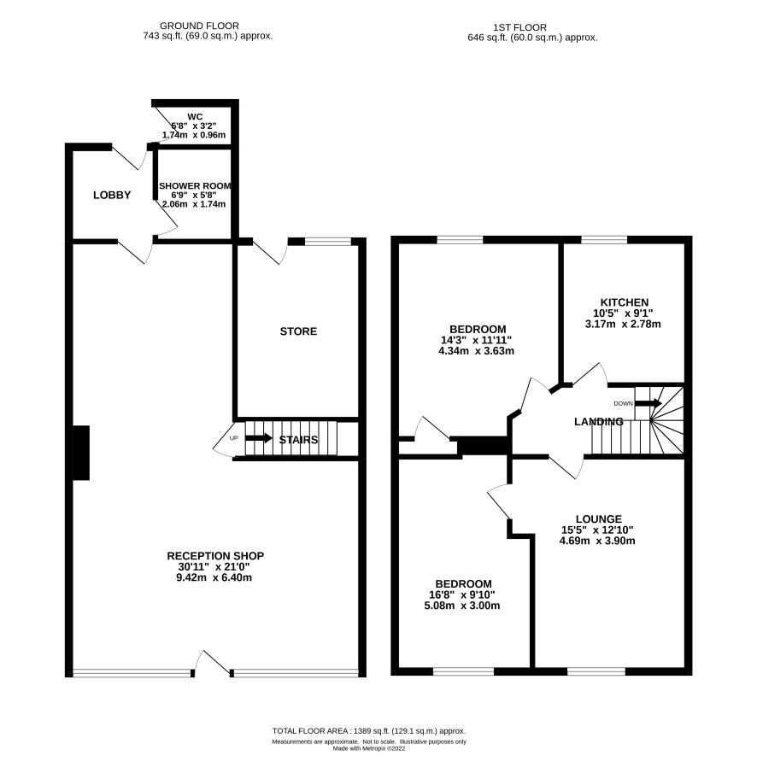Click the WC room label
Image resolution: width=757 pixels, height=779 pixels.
(x=195, y=117)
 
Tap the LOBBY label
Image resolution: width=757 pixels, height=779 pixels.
(x=112, y=196)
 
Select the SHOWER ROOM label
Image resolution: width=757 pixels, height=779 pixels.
(x=195, y=186)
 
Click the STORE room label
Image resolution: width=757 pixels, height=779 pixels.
(x=298, y=331)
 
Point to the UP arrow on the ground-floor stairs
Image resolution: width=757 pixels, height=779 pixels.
(x=259, y=438)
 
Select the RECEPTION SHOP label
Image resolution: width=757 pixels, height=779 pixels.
(x=215, y=556)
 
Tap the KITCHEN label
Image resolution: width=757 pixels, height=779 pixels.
(x=625, y=302)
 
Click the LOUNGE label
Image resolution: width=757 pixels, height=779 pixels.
(x=598, y=519)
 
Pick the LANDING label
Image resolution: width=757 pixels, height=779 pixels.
(x=598, y=422)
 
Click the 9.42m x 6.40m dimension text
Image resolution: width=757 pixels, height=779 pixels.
(x=214, y=577)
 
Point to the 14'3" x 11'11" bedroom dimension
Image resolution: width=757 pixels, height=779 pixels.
(x=476, y=340)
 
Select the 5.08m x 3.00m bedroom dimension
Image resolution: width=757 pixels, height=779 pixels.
(x=461, y=606)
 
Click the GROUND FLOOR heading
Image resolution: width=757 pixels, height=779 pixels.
(x=199, y=26)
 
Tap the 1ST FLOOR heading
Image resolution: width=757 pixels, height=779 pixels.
(x=520, y=27)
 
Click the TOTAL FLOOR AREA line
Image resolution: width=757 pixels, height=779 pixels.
(x=369, y=731)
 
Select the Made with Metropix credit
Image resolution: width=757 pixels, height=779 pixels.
(x=369, y=748)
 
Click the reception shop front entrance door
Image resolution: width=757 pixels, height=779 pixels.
(x=212, y=663)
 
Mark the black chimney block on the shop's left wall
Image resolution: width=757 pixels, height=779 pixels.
(x=81, y=453)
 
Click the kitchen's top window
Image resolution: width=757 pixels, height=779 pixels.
(x=604, y=241)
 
